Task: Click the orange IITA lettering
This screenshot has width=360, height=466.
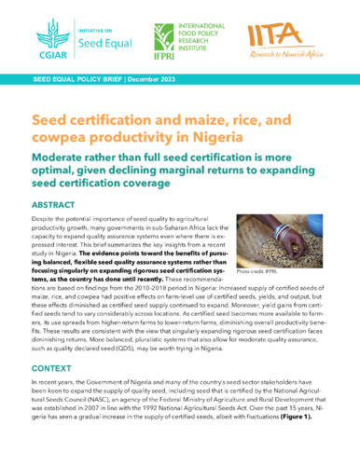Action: point(276,38)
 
